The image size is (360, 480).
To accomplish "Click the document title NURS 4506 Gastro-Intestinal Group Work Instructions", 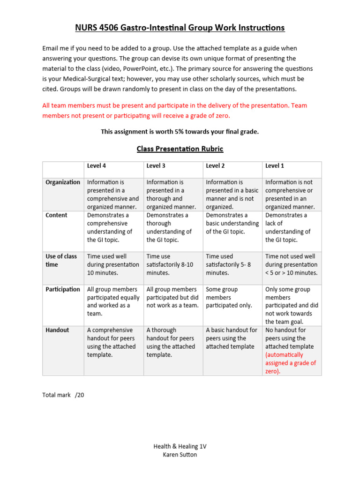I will [180, 28].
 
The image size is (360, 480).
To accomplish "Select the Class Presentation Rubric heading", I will [180, 149].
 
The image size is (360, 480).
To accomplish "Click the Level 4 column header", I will [97, 166].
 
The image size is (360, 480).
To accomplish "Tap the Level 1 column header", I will [275, 166].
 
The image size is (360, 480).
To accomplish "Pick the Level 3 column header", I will [156, 166].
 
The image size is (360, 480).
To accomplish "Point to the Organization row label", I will [63, 182].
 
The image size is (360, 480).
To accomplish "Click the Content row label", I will [56, 215].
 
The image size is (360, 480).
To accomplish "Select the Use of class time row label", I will [61, 260].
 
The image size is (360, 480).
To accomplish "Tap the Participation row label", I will [63, 289].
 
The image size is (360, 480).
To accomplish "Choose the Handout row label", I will [57, 330].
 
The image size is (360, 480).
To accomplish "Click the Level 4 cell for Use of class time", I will [113, 264].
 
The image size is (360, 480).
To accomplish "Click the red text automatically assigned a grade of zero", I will [291, 363].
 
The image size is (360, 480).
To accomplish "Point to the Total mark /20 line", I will [63, 395].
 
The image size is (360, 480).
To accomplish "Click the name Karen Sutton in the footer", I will [180, 455].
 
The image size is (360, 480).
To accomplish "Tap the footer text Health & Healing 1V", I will [180, 447].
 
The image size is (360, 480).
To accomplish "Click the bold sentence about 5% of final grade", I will [180, 132].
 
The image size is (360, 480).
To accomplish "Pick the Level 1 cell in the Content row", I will [288, 227].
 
